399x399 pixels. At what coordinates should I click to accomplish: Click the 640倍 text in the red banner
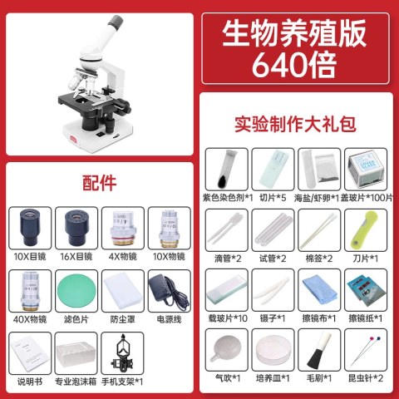[x=294, y=65]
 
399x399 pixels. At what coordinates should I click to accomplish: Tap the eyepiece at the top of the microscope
[x=116, y=23]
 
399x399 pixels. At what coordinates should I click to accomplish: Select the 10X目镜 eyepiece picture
[x=30, y=228]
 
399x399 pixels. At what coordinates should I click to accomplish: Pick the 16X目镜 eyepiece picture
[x=76, y=228]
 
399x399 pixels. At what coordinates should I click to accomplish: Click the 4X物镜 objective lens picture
[x=123, y=229]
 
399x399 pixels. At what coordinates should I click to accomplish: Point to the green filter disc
[x=76, y=291]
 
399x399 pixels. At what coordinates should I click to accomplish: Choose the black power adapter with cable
[x=169, y=291]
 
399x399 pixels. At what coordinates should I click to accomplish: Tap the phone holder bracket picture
[x=122, y=353]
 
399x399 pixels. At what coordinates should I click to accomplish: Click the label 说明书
[x=30, y=382]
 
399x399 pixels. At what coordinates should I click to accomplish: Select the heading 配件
[x=99, y=183]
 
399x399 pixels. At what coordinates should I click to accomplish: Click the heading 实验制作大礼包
[x=295, y=124]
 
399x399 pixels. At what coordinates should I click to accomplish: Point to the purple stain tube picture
[x=227, y=169]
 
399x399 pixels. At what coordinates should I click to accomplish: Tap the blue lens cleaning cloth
[x=319, y=290]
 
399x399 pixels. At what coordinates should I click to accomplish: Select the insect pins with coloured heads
[x=365, y=350]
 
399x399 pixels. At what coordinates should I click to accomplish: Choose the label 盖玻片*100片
[x=367, y=198]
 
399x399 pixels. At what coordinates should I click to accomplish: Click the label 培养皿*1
[x=273, y=378]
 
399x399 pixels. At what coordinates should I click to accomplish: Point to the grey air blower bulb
[x=227, y=348]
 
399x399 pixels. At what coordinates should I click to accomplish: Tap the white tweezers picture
[x=272, y=290]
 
